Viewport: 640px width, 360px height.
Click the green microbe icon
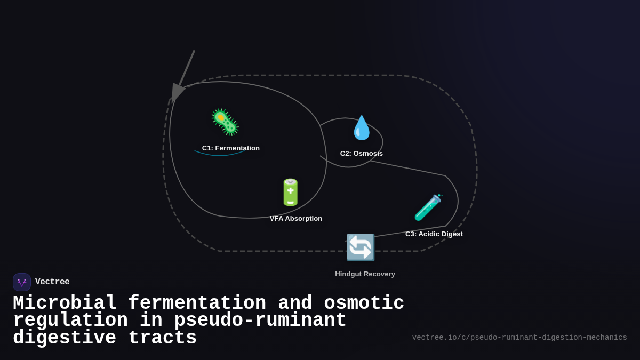(x=225, y=122)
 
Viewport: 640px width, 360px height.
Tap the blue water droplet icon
(x=362, y=128)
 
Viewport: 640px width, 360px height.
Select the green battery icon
(x=291, y=193)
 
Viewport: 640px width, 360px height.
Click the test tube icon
(x=428, y=207)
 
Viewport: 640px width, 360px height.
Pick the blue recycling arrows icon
(x=361, y=247)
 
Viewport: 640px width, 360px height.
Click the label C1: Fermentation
(x=231, y=148)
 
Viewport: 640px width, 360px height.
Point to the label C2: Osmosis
(x=362, y=154)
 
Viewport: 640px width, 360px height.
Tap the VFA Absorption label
(x=296, y=219)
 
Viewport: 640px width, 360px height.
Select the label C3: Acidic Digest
(x=434, y=234)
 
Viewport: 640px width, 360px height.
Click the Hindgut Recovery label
(x=365, y=274)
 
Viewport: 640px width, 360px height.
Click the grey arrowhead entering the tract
(x=177, y=92)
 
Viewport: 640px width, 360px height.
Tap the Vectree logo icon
(x=22, y=282)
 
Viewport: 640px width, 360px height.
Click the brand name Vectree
(x=52, y=282)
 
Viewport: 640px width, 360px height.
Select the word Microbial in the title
(x=65, y=303)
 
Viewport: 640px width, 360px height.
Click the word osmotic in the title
(x=364, y=303)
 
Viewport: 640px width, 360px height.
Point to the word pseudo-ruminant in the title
(x=260, y=321)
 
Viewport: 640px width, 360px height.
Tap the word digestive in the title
(x=65, y=338)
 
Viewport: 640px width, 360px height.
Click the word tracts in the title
(x=163, y=338)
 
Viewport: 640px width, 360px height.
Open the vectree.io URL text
(x=519, y=338)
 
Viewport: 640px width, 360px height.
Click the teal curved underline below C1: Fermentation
(x=220, y=155)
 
